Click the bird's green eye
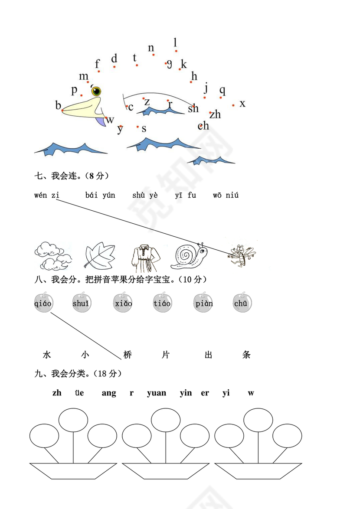(x=96, y=91)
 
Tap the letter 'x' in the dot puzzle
(x=242, y=104)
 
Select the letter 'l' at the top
(x=175, y=42)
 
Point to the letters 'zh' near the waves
(x=215, y=114)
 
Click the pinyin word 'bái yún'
(x=100, y=195)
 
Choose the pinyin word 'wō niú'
(x=226, y=195)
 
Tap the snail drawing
(x=189, y=257)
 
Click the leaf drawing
(x=99, y=257)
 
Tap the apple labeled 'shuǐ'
(x=81, y=303)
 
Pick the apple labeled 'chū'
(x=241, y=303)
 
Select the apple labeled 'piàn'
(x=203, y=303)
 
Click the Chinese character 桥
(x=127, y=355)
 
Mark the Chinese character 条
(x=246, y=355)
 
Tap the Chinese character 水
(x=47, y=355)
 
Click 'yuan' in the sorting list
(x=157, y=393)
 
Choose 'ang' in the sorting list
(x=109, y=393)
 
